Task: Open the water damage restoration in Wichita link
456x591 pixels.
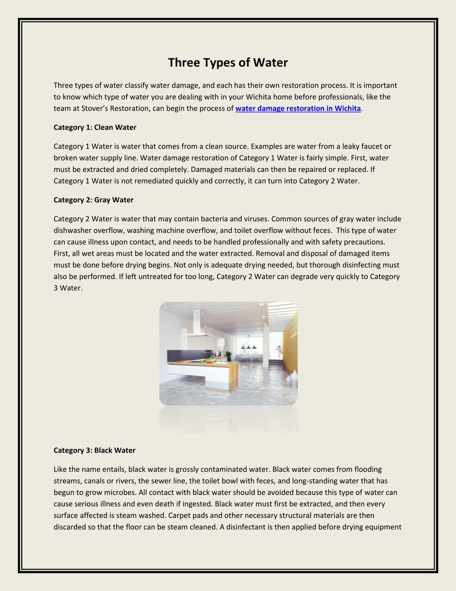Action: pyautogui.click(x=298, y=109)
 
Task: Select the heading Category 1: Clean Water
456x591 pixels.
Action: pyautogui.click(x=95, y=127)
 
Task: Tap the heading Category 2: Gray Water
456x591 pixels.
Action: pyautogui.click(x=94, y=200)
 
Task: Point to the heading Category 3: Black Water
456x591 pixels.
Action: pyautogui.click(x=95, y=450)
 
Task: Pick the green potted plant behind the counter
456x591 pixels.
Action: pyautogui.click(x=278, y=350)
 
